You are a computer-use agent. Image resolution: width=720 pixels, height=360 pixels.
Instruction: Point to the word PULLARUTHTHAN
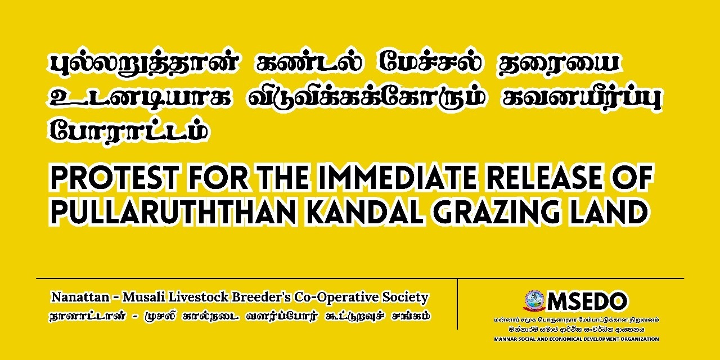click(x=172, y=212)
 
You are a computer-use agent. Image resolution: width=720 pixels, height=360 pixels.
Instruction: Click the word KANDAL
click(x=364, y=212)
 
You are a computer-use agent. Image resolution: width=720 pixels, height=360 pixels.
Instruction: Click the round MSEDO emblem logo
click(x=534, y=301)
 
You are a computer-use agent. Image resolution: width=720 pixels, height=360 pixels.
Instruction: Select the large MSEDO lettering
click(x=587, y=301)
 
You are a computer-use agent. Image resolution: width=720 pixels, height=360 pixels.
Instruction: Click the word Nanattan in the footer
click(x=80, y=297)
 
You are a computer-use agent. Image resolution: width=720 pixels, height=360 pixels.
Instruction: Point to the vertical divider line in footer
click(x=457, y=304)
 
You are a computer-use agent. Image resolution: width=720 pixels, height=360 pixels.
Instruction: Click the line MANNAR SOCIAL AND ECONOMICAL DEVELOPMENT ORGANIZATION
click(x=577, y=339)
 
